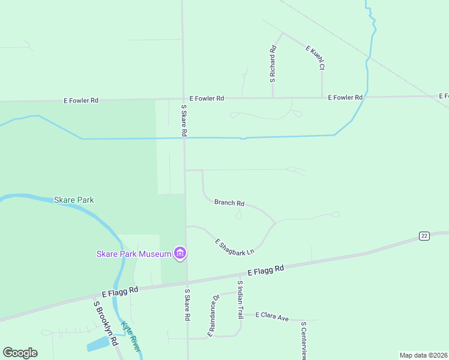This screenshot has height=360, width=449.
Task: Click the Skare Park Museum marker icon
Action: (x=179, y=254)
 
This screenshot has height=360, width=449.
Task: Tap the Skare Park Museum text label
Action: (x=134, y=254)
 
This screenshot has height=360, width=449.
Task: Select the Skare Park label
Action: (x=74, y=200)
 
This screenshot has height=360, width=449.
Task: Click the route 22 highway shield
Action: (x=424, y=236)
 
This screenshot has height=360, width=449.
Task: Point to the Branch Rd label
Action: (x=229, y=203)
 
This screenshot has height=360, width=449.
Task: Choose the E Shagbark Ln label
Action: (x=235, y=246)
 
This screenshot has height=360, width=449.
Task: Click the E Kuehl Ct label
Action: (x=316, y=58)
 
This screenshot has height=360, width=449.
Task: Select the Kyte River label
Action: (x=131, y=336)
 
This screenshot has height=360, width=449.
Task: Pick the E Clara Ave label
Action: (x=273, y=316)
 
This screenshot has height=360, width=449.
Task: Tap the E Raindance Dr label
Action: (x=213, y=316)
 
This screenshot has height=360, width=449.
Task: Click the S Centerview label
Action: (x=304, y=340)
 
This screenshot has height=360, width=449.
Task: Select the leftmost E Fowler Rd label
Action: (x=81, y=101)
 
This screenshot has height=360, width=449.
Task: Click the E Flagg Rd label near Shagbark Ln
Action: (x=265, y=272)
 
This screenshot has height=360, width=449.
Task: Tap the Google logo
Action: (x=20, y=353)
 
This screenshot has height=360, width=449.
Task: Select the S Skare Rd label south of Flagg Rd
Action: (x=187, y=304)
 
